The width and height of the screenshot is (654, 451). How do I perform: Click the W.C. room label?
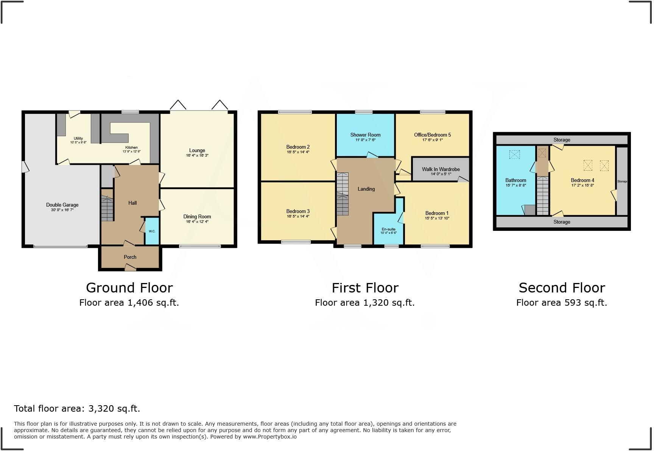click(152, 231)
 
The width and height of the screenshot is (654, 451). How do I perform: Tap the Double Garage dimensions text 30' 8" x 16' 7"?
click(62, 210)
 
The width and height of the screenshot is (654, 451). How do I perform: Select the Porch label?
click(130, 257)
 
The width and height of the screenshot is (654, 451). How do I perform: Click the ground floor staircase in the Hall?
click(107, 208)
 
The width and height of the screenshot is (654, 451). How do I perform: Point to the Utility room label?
click(78, 138)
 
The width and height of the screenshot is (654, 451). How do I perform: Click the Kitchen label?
click(131, 148)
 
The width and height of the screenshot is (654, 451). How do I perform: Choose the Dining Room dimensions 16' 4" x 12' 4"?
click(197, 222)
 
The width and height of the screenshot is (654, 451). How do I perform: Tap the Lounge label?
click(197, 151)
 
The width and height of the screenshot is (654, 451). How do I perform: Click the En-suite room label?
click(388, 229)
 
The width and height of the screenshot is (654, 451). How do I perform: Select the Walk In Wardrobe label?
click(441, 169)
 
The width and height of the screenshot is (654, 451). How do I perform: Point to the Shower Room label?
click(365, 135)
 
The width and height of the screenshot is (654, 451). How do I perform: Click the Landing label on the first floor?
click(366, 189)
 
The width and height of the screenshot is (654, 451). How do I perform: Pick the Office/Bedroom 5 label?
click(432, 135)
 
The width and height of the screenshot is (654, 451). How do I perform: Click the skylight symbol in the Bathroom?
click(514, 154)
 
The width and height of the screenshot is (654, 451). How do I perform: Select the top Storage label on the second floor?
click(562, 140)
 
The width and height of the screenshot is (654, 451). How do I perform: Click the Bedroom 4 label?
click(582, 180)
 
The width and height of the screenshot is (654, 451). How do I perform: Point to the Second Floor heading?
click(562, 288)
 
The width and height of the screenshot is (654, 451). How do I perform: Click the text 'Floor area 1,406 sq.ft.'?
click(129, 303)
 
